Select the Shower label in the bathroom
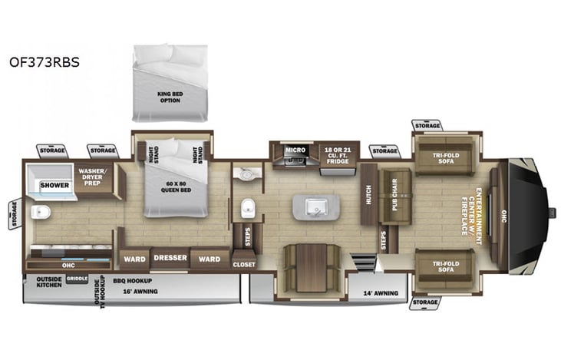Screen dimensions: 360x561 [x=54, y=185]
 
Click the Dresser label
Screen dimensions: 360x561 [x=170, y=258]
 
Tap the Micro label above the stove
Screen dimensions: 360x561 [x=295, y=150]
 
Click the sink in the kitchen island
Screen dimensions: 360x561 [x=315, y=206]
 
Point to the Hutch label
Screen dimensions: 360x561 [x=369, y=194]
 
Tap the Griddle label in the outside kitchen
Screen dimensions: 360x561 [x=77, y=279]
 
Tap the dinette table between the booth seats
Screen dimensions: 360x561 [x=311, y=267]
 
